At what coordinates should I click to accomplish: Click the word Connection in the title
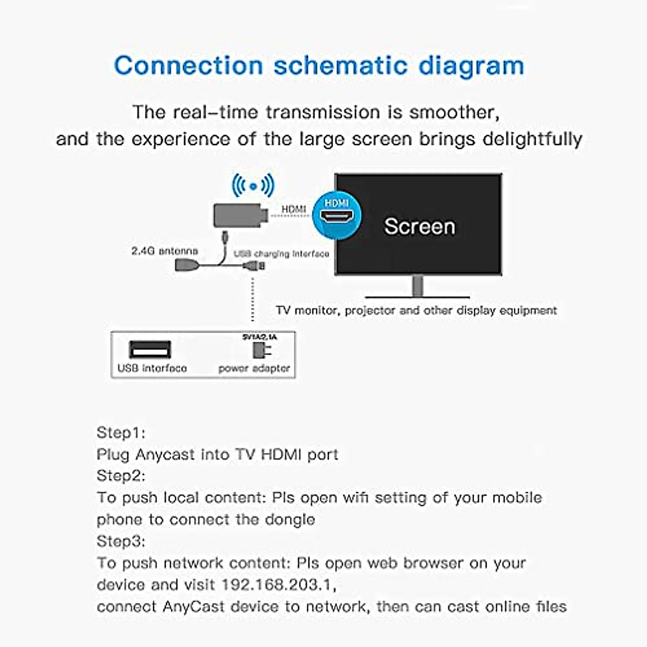pyautogui.click(x=188, y=66)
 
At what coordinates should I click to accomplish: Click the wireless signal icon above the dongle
pyautogui.click(x=253, y=186)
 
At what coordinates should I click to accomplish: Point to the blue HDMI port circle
pyautogui.click(x=337, y=215)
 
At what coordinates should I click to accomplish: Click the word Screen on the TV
pyautogui.click(x=419, y=226)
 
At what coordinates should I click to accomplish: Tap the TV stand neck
pyautogui.click(x=417, y=285)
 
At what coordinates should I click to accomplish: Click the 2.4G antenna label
pyautogui.click(x=164, y=251)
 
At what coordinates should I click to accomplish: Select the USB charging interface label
pyautogui.click(x=281, y=253)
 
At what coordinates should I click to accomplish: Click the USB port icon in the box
pyautogui.click(x=150, y=350)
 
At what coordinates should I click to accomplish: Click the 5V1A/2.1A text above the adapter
pyautogui.click(x=259, y=336)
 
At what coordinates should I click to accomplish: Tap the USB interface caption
pyautogui.click(x=152, y=368)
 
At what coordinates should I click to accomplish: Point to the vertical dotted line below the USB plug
pyautogui.click(x=252, y=299)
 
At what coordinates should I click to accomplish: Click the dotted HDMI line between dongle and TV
pyautogui.click(x=291, y=216)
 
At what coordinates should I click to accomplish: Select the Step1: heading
pyautogui.click(x=121, y=432)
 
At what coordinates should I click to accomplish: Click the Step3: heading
pyautogui.click(x=121, y=541)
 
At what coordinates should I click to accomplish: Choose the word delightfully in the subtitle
pyautogui.click(x=532, y=139)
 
